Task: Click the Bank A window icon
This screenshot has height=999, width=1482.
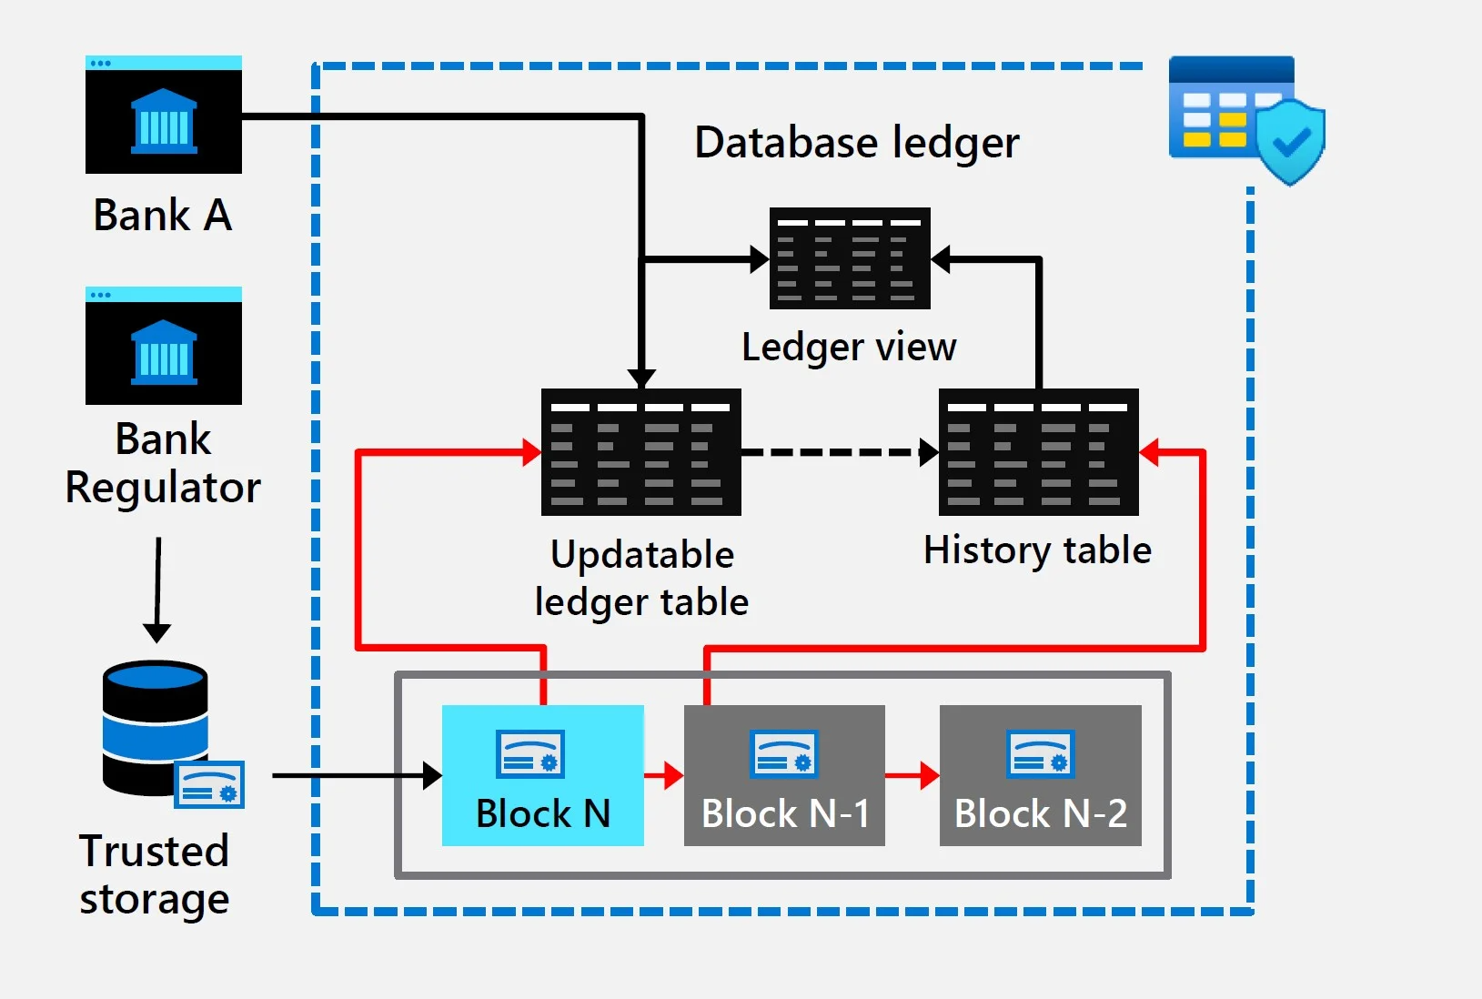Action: click(164, 115)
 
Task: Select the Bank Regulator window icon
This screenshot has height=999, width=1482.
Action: click(164, 346)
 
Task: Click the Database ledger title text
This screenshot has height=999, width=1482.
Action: click(856, 143)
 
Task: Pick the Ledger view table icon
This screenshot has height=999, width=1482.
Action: click(850, 258)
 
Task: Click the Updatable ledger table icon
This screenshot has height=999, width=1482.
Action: click(641, 452)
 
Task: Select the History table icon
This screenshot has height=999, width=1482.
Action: click(1038, 452)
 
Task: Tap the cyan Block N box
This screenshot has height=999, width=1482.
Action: click(543, 775)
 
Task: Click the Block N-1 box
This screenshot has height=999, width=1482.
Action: click(784, 775)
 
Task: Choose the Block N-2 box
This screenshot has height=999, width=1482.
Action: click(1040, 775)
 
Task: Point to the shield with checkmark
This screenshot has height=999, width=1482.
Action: click(1290, 142)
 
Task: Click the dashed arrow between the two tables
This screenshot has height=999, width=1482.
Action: click(837, 452)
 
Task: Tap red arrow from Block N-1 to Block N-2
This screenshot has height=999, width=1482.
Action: click(912, 775)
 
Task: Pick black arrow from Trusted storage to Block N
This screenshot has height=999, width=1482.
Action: click(355, 775)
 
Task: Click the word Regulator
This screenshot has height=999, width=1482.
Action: click(163, 488)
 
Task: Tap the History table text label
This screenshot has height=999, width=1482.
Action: click(1037, 550)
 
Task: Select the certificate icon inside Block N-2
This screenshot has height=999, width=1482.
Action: click(1041, 754)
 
